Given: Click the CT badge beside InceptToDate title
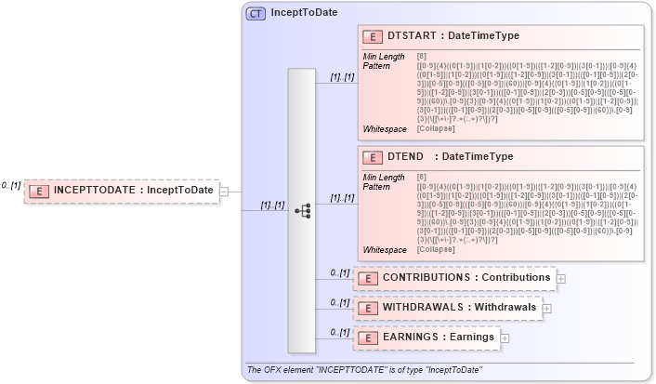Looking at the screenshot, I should click(256, 13).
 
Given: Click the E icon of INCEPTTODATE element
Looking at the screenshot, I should click(41, 191).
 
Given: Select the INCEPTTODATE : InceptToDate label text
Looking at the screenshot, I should click(134, 191).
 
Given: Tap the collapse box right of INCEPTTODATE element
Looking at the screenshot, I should click(223, 192).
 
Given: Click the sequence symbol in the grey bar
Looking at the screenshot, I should click(302, 211).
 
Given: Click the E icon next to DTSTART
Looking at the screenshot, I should click(373, 37).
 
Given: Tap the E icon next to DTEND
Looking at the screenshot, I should click(373, 158).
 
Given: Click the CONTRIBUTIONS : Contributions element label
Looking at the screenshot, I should click(466, 277).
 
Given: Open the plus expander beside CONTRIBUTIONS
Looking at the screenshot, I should click(560, 278).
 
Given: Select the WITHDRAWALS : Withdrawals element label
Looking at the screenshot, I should click(460, 307).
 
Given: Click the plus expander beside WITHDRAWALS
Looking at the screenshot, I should click(546, 308).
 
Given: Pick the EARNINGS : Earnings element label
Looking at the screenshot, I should click(440, 337).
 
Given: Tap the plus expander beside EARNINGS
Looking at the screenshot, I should click(505, 338).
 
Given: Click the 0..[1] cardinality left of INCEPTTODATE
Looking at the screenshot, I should click(11, 186).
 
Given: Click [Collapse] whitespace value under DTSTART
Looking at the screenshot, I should click(436, 128).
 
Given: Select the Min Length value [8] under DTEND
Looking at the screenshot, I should click(422, 177).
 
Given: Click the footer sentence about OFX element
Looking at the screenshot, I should click(363, 370).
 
